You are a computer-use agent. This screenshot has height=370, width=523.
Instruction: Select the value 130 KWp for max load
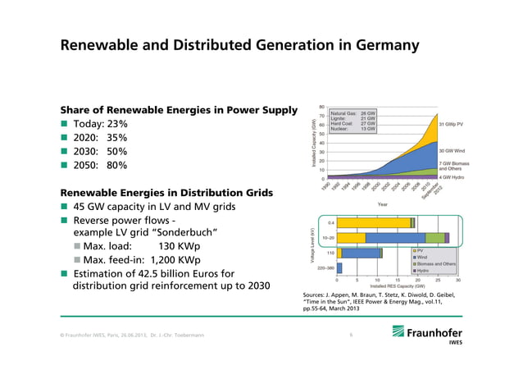[x=177, y=247]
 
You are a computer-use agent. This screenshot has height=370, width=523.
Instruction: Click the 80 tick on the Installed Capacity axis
[x=321, y=107]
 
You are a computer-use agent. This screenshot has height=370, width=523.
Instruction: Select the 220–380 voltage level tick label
[x=325, y=267]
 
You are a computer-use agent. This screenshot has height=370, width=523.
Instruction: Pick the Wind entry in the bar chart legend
[x=425, y=257]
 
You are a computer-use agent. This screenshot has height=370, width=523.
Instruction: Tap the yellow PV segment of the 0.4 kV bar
[x=373, y=222]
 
